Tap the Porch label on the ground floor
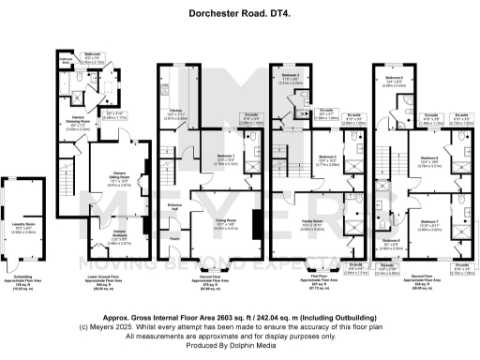click(x=174, y=238)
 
